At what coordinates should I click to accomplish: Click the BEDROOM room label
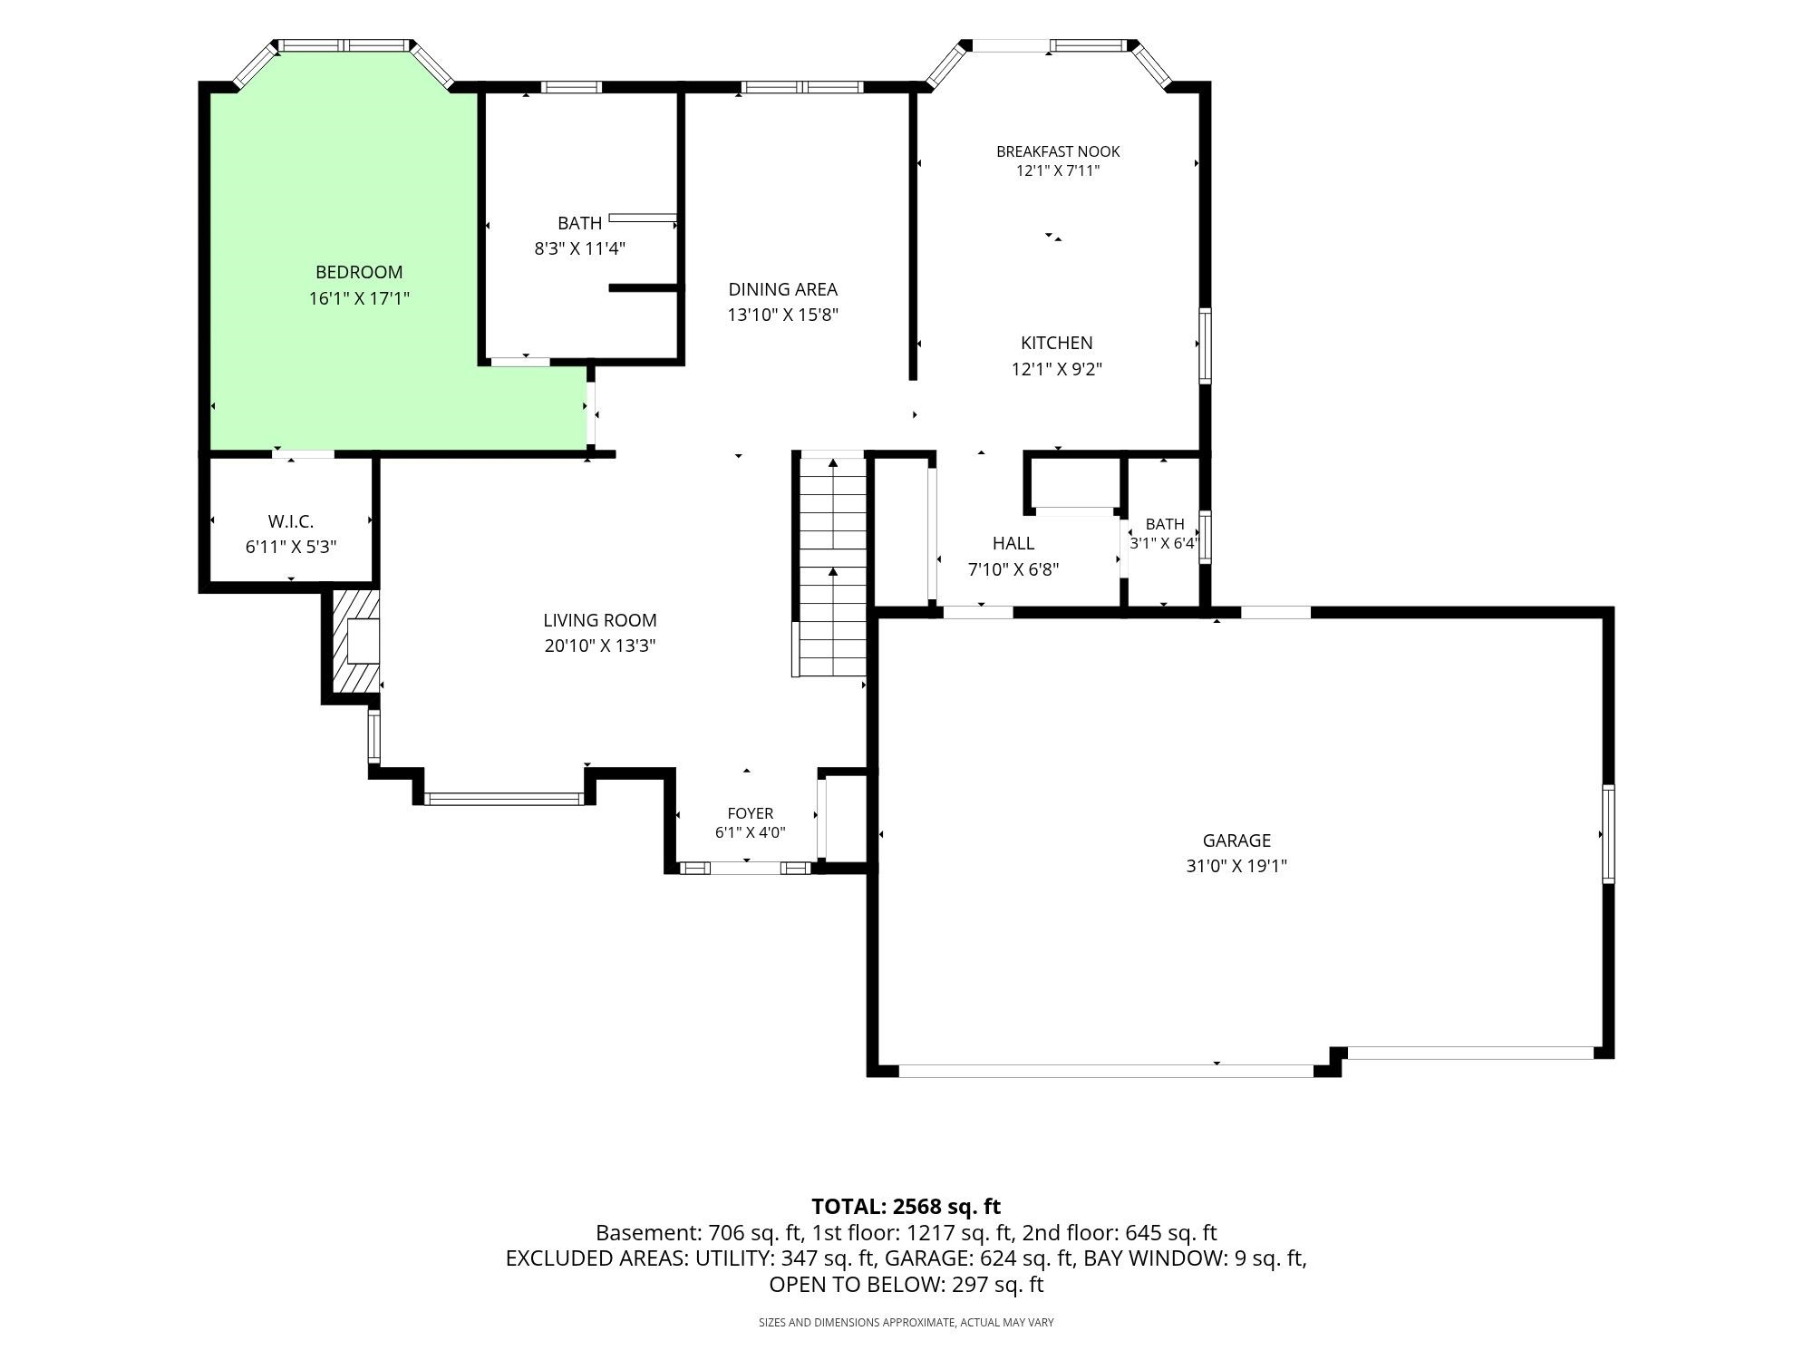(359, 272)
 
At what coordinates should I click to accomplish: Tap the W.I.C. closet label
(291, 521)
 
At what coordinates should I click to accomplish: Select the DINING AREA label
(783, 289)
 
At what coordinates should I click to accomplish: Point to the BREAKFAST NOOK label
(1058, 151)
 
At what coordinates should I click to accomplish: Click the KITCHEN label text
(1057, 343)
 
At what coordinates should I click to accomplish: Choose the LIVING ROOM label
(600, 620)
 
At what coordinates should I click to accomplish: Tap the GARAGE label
(1236, 840)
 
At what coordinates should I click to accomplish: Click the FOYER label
(751, 813)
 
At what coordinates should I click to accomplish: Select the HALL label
(1013, 543)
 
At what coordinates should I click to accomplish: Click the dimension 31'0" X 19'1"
(1236, 866)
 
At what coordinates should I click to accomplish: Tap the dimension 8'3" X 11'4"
(580, 248)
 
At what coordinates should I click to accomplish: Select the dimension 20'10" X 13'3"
(600, 646)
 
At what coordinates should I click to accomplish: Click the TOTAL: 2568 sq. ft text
(906, 1207)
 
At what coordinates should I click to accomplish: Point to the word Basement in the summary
(647, 1233)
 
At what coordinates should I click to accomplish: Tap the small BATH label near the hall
(1165, 524)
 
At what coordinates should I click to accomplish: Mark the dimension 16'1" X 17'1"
(359, 298)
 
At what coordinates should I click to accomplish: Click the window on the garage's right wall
(1609, 834)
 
